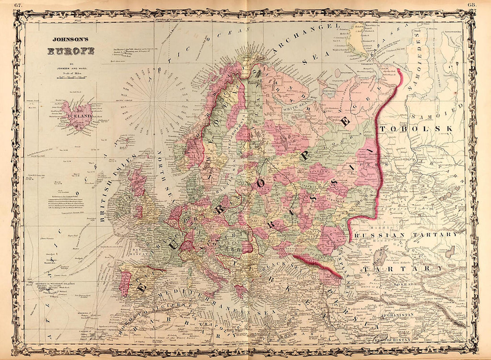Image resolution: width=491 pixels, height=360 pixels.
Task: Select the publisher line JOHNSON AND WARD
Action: coord(71,68)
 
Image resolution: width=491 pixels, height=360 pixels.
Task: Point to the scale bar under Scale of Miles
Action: coord(71,78)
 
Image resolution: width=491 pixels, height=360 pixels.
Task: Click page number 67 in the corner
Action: coord(17,4)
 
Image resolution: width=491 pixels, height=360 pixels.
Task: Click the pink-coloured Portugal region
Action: coord(125,283)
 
